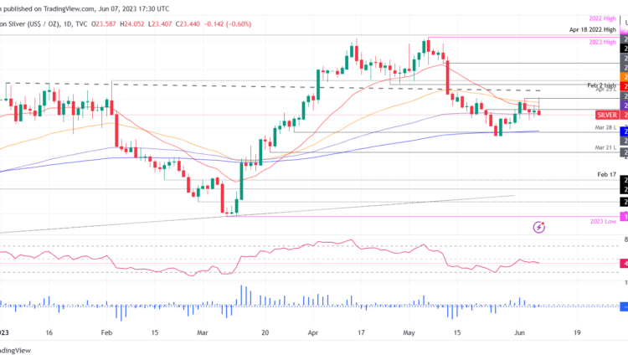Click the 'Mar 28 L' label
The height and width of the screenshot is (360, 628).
pos(606,128)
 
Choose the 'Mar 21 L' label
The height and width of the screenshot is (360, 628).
pos(606,147)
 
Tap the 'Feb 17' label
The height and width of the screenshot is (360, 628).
pos(607,175)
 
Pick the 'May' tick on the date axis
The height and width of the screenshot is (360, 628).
pos(409,332)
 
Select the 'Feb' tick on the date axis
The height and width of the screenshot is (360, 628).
pos(106,332)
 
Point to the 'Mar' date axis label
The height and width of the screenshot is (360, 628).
pos(203,332)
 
